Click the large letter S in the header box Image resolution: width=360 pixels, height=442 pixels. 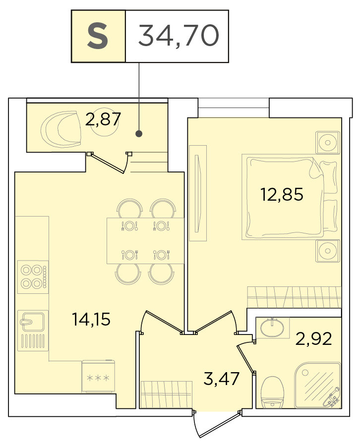click(98, 36)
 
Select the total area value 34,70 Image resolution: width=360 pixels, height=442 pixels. click(179, 36)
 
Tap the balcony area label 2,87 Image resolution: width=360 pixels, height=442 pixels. click(103, 119)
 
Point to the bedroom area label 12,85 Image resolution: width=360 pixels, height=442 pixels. click(282, 194)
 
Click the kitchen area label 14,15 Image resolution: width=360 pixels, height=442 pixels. click(91, 320)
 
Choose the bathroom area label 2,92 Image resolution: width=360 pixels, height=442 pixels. click(313, 338)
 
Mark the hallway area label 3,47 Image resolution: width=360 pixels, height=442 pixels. click(221, 378)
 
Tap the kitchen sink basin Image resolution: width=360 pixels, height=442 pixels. click(32, 320)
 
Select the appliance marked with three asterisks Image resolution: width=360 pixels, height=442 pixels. click(98, 377)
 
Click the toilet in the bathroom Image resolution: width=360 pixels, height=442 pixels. click(272, 392)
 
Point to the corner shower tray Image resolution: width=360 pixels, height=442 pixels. click(318, 385)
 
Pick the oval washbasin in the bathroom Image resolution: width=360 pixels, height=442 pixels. click(272, 328)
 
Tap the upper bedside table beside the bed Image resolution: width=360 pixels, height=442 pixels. click(328, 143)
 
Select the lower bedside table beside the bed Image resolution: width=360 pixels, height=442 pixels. click(328, 251)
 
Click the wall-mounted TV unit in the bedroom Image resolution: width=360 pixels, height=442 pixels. click(198, 193)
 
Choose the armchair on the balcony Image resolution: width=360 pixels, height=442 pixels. click(61, 129)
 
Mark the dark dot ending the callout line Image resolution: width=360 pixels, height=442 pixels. click(138, 134)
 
